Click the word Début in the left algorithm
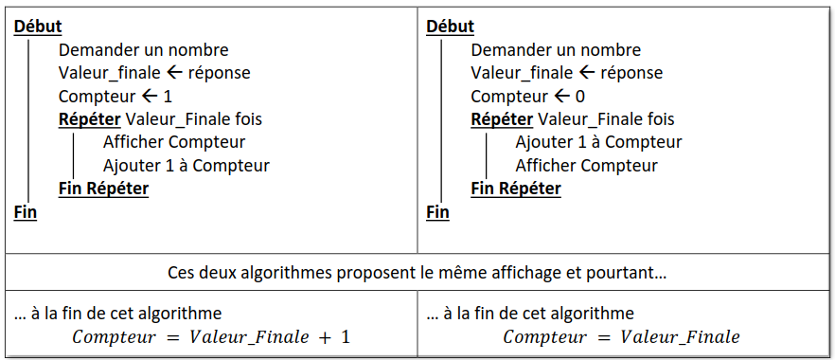[38, 27]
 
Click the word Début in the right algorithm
[451, 27]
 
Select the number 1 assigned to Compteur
[168, 97]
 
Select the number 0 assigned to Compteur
[580, 97]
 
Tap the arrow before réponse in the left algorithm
[174, 72]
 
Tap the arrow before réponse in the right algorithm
[586, 72]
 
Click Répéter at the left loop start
[89, 119]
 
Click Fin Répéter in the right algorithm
[516, 189]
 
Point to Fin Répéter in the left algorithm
[103, 189]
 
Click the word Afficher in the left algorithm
[133, 142]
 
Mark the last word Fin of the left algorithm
[26, 212]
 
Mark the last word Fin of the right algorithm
[437, 212]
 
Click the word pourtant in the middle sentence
[630, 273]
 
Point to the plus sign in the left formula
[325, 337]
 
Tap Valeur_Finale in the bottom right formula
[681, 337]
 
